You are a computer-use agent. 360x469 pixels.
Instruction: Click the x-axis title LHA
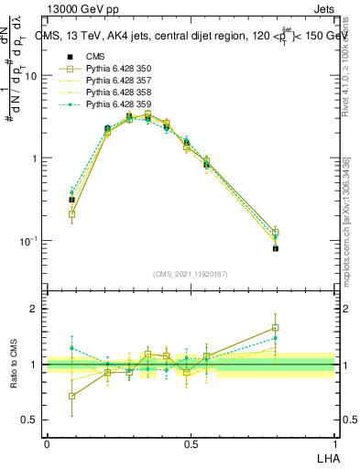pyautogui.click(x=326, y=455)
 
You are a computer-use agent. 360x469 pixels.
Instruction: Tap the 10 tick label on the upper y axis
pyautogui.click(x=31, y=76)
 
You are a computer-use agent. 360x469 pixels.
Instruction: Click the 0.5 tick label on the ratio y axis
pyautogui.click(x=30, y=421)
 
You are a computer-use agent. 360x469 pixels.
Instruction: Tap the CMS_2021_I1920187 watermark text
pyautogui.click(x=191, y=273)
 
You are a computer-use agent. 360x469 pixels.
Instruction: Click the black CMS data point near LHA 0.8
pyautogui.click(x=276, y=248)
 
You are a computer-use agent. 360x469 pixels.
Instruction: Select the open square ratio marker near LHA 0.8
pyautogui.click(x=276, y=327)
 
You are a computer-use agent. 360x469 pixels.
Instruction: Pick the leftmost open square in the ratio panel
pyautogui.click(x=72, y=396)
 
